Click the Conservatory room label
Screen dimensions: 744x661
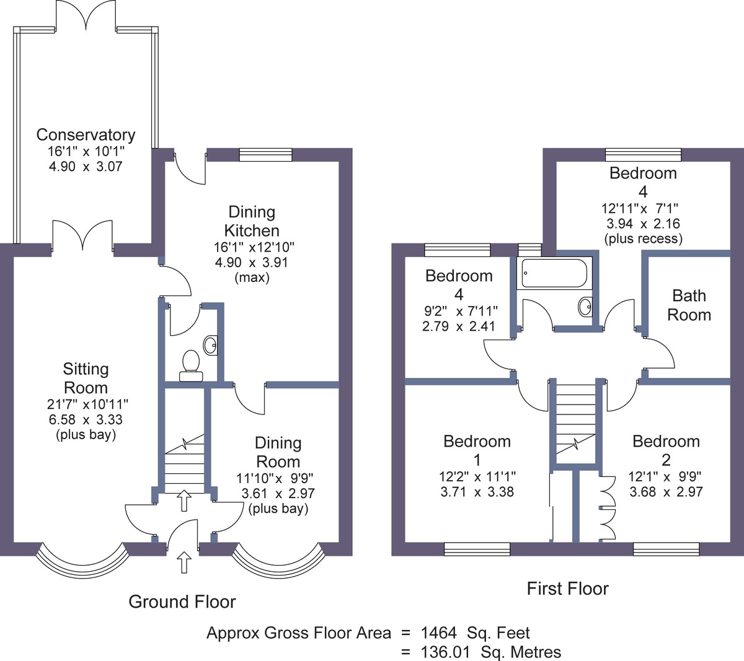(x=86, y=135)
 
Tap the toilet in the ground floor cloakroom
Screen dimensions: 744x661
(x=191, y=366)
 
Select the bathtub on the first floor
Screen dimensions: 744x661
(x=554, y=273)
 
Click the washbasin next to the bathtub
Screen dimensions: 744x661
(x=585, y=306)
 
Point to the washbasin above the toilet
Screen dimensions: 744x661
(x=210, y=345)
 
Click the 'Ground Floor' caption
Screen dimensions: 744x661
(x=182, y=602)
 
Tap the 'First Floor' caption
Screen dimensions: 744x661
(x=568, y=589)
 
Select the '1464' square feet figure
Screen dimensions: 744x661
(x=438, y=633)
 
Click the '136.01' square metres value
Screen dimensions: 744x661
(x=445, y=652)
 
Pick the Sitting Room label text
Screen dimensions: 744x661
(x=86, y=378)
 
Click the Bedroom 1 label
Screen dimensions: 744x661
(x=477, y=450)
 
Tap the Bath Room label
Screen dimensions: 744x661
(x=689, y=305)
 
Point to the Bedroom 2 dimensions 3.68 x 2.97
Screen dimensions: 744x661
(x=666, y=491)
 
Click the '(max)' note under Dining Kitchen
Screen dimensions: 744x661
(x=252, y=278)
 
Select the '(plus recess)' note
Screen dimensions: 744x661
(x=644, y=239)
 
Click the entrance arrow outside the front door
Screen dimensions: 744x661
(x=184, y=562)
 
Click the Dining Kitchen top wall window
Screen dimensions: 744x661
(x=266, y=154)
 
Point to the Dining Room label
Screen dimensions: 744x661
(x=278, y=452)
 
